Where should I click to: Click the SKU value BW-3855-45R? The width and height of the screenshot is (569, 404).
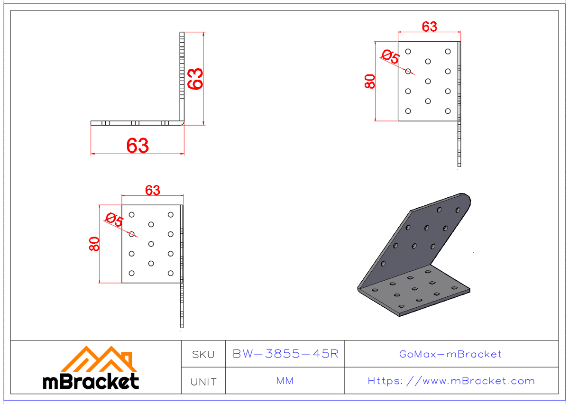(x=285, y=354)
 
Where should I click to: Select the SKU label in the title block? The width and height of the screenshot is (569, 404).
(x=203, y=354)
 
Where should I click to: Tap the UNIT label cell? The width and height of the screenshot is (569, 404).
(x=203, y=381)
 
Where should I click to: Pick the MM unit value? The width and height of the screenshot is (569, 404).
(x=284, y=381)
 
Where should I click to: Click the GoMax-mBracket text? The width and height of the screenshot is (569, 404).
(x=450, y=354)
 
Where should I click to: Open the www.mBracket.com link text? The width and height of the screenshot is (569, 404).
(x=451, y=381)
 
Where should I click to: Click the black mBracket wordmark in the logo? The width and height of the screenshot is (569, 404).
(x=91, y=381)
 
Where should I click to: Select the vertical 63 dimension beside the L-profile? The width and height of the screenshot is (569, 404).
(x=195, y=78)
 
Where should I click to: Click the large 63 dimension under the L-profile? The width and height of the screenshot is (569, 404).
(x=138, y=146)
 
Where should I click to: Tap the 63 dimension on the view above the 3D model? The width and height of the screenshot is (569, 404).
(x=429, y=27)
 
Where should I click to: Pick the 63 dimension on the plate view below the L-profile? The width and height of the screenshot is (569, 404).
(x=152, y=190)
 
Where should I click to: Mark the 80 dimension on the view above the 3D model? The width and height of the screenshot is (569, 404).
(x=370, y=81)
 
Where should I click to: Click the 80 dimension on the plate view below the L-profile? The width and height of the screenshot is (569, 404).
(x=94, y=244)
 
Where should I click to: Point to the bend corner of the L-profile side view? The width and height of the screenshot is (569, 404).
(x=182, y=123)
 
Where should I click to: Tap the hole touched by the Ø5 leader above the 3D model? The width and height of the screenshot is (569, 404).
(x=408, y=71)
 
